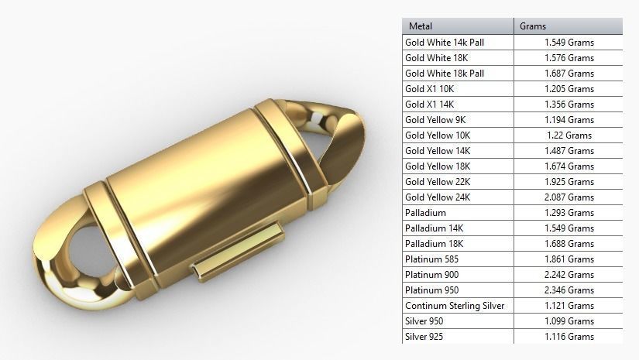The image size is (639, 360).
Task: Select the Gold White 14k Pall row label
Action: click(445, 43)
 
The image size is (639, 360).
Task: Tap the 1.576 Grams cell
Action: click(569, 58)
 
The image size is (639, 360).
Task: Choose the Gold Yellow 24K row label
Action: click(438, 197)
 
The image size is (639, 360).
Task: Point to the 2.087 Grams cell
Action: click(569, 197)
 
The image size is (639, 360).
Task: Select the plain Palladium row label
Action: click(425, 213)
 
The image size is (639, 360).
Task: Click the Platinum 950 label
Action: click(431, 290)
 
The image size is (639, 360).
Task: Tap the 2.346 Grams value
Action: click(569, 290)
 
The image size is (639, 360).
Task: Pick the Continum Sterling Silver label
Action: click(455, 306)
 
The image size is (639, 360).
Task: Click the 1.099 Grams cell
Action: click(569, 321)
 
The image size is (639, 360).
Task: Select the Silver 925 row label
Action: click(425, 337)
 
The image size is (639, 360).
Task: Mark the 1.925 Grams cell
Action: click(569, 182)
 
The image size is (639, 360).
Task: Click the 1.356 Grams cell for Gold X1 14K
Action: click(569, 105)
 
